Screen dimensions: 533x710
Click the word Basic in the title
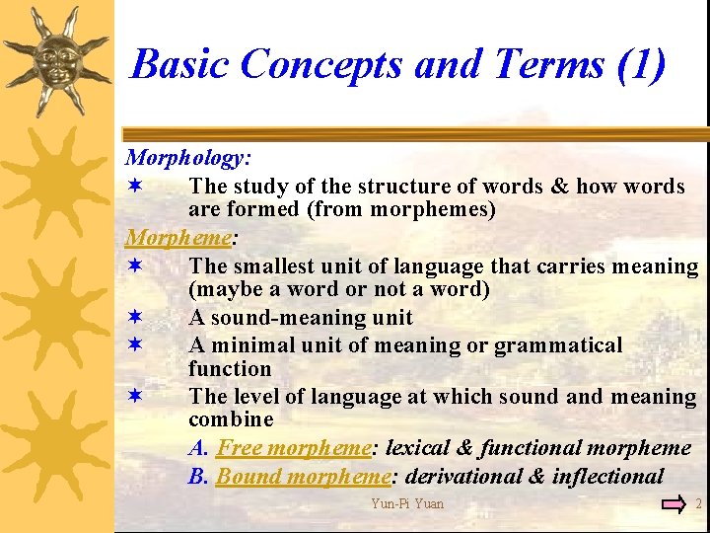[180, 64]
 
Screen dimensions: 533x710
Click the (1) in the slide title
[640, 64]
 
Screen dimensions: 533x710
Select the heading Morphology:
[188, 157]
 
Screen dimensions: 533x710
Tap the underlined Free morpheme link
[293, 448]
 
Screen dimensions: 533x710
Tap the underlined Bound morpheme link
[303, 477]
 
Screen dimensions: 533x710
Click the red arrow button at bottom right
[674, 504]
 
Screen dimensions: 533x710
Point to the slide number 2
[698, 504]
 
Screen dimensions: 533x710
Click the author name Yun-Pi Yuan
[407, 504]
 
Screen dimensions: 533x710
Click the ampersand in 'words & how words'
[558, 186]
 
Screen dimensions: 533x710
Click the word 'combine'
[231, 419]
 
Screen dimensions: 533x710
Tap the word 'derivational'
[462, 477]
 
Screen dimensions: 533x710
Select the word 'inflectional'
[607, 477]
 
